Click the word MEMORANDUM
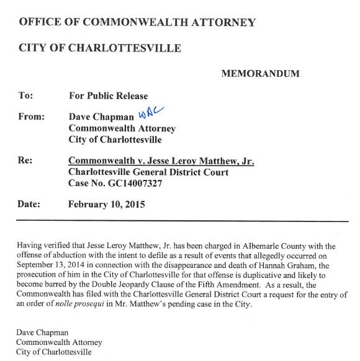pyautogui.click(x=260, y=74)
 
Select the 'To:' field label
pyautogui.click(x=25, y=96)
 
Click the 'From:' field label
pyautogui.click(x=32, y=117)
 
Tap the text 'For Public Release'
pyautogui.click(x=108, y=96)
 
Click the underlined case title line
pyautogui.click(x=161, y=161)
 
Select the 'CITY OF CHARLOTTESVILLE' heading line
pyautogui.click(x=100, y=48)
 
